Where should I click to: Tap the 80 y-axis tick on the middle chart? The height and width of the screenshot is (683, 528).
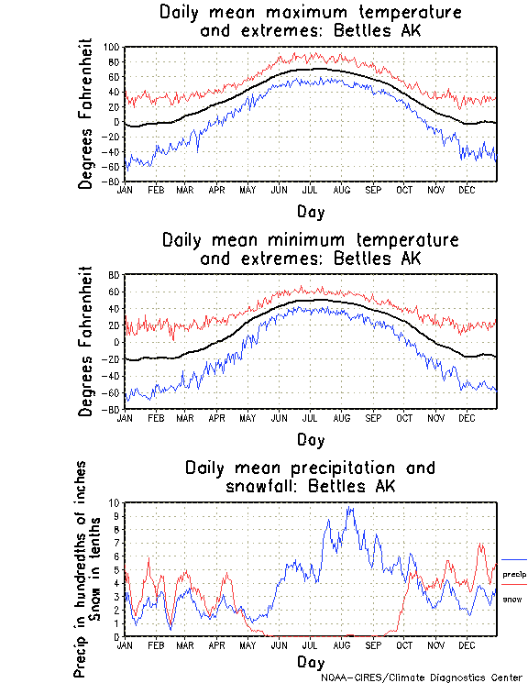(115, 275)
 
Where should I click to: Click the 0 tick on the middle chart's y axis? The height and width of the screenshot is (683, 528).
(117, 342)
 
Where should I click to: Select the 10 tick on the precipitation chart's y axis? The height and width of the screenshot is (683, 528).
(114, 502)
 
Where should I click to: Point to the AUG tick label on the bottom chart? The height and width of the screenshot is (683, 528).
(342, 644)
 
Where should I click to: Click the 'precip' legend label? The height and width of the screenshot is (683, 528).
(514, 574)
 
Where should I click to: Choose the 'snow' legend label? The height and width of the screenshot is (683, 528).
(511, 599)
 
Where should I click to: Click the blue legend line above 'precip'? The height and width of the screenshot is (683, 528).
(514, 559)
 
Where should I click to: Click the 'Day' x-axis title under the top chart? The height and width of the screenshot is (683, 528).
(311, 210)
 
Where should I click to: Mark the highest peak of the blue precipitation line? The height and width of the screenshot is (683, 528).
(348, 507)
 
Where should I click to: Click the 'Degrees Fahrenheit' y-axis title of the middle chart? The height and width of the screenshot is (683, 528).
(87, 341)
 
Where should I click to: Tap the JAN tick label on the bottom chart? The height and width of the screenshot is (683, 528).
(125, 644)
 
